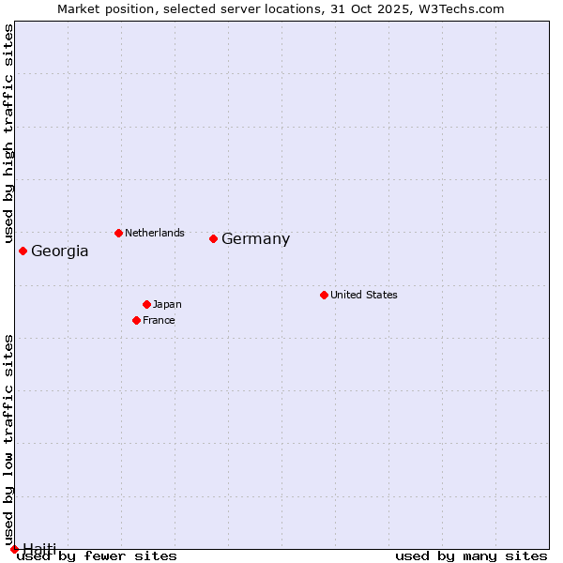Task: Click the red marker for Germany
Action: (213, 238)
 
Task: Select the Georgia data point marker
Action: (23, 251)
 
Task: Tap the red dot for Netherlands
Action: (118, 233)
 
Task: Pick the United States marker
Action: (324, 295)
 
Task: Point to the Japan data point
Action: (146, 304)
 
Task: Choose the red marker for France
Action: (136, 320)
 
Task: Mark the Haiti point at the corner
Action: (14, 549)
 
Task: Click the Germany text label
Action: (255, 239)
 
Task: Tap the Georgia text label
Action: (60, 251)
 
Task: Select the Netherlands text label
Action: (155, 233)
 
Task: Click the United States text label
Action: (364, 295)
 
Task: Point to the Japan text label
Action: (167, 304)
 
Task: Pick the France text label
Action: (159, 320)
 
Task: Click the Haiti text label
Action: (39, 548)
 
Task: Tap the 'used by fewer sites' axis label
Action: (97, 555)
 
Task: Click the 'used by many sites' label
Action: (471, 555)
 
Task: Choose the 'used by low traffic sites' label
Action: (8, 440)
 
